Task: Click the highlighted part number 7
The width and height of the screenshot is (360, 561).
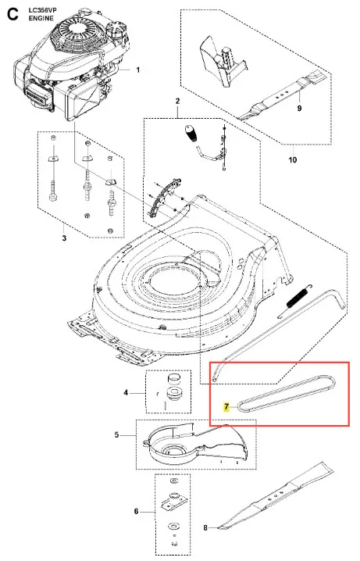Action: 226,407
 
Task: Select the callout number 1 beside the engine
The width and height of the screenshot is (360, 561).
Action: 138,70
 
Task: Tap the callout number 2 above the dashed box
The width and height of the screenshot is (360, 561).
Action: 178,102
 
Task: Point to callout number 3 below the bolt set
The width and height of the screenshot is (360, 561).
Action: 64,238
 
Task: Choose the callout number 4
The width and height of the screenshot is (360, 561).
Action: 126,393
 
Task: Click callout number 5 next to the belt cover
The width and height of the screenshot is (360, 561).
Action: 116,434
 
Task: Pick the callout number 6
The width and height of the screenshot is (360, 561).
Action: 136,512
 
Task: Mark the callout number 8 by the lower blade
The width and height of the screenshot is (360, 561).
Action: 205,527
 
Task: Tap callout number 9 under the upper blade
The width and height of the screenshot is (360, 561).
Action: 300,108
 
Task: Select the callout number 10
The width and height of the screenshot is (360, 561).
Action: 292,159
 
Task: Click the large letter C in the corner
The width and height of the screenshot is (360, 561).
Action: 12,15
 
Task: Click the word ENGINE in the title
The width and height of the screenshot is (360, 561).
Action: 41,18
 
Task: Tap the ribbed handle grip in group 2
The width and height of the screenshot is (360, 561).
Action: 191,133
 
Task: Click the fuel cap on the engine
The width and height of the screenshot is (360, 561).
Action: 116,30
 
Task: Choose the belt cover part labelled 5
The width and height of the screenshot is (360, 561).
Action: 197,446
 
